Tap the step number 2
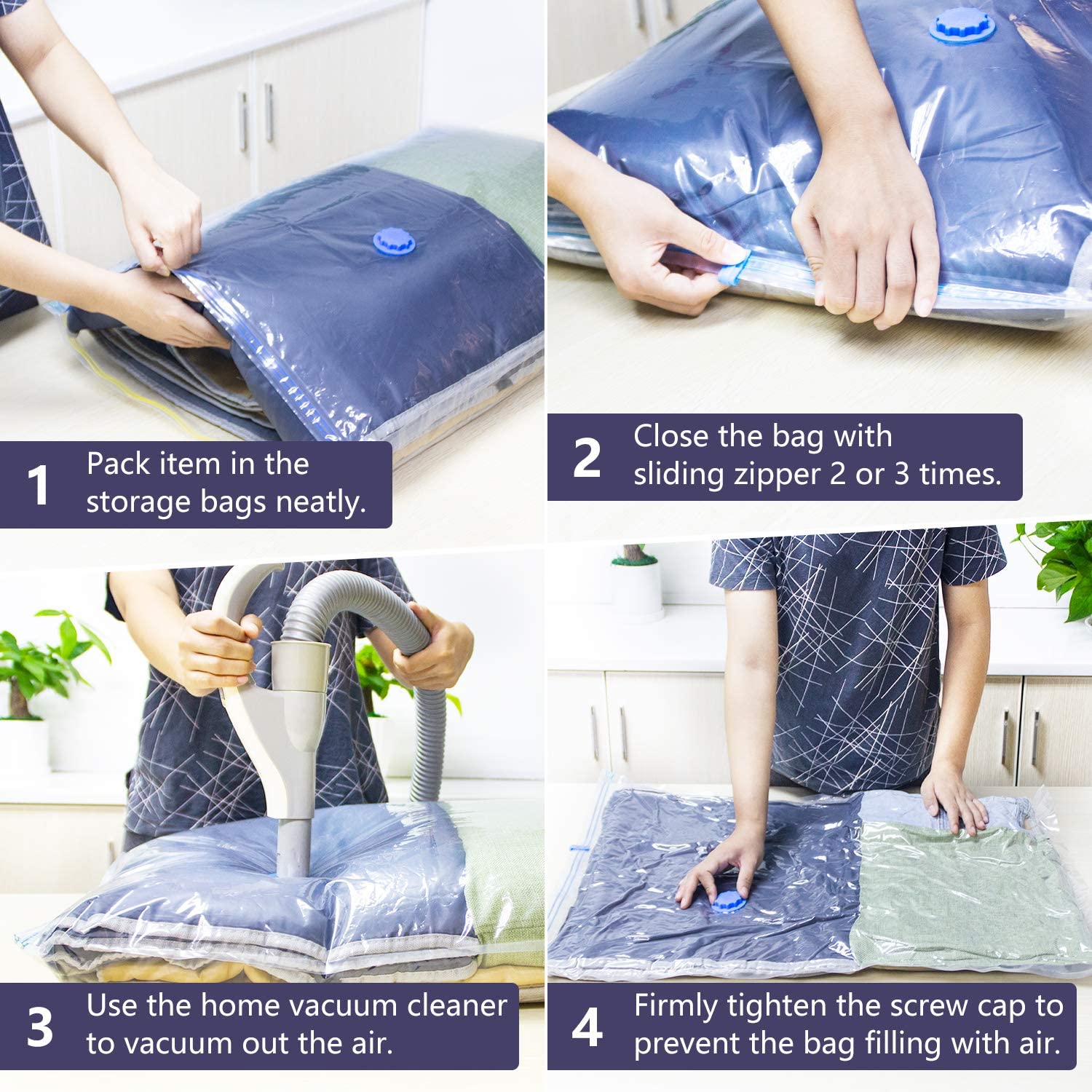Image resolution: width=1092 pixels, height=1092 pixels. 587,458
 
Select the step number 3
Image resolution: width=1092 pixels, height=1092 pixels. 40,1027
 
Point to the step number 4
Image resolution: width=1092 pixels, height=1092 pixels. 587,1027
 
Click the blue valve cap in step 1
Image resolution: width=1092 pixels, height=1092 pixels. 394,242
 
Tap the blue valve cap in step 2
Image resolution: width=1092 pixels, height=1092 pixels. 962,26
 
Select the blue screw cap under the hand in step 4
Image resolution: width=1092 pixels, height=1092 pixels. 728,901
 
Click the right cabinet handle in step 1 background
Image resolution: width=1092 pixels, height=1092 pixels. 269,113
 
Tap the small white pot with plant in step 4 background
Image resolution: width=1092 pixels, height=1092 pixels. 637,582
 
